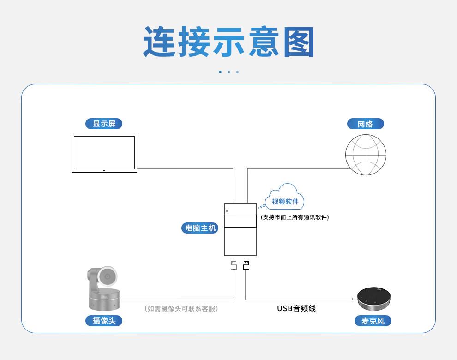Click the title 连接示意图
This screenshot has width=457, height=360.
tap(228, 42)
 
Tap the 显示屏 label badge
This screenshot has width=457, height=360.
tap(104, 124)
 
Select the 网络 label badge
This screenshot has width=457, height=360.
tap(365, 124)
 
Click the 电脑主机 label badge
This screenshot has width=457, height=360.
tap(200, 228)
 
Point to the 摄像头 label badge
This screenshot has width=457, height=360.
tap(104, 321)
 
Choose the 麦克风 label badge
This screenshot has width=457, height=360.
tap(373, 321)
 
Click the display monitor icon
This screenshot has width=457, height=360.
tap(104, 153)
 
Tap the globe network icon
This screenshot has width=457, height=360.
tap(366, 155)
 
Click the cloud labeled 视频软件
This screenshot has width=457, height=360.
tap(285, 198)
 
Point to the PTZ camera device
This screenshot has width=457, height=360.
tap(104, 288)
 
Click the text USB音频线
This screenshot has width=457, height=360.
tap(296, 308)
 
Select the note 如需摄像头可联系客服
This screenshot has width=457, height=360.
tap(181, 308)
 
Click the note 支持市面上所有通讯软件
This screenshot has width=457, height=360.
tap(295, 217)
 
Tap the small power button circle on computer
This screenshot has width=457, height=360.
tap(227, 211)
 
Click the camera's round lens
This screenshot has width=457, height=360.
tap(108, 276)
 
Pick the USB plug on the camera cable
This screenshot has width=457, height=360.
tap(234, 265)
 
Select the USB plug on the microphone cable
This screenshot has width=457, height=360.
tap(246, 265)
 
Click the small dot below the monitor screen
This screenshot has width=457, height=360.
tap(104, 170)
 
